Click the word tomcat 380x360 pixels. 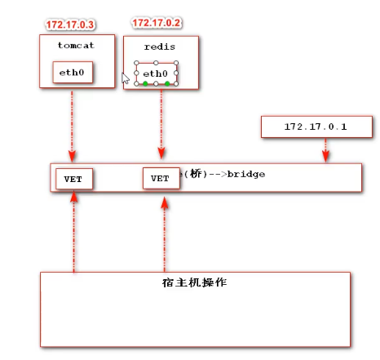pos(74,46)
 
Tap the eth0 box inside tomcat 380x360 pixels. pos(73,73)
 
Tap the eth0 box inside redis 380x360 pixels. pos(157,73)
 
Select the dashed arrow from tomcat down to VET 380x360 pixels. pos(73,122)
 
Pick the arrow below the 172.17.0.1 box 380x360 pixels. pos(325,149)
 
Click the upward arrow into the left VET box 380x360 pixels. pos(73,233)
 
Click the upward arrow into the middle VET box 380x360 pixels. pos(164,233)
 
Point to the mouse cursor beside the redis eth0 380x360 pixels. pos(126,78)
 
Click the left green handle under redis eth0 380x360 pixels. pos(145,84)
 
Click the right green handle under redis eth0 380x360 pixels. pos(167,84)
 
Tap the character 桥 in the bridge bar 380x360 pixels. pos(194,174)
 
